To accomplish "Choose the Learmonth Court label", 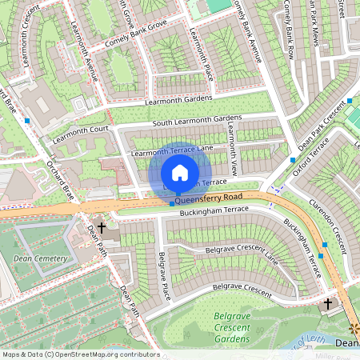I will [x=77, y=128].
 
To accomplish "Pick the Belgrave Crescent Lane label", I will [x=240, y=253].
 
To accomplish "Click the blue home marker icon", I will [x=180, y=173].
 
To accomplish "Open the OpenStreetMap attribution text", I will [x=80, y=354].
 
